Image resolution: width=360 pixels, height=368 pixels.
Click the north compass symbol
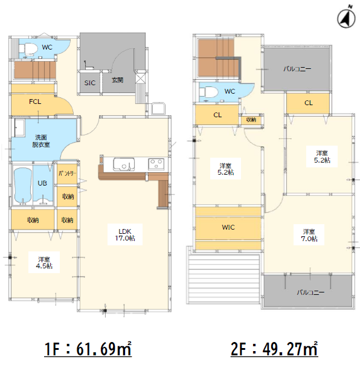tap(346, 18)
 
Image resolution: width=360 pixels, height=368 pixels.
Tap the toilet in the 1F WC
tap(28, 48)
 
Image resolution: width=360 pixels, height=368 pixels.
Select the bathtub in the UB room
tap(23, 186)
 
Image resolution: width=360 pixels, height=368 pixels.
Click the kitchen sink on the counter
tap(124, 164)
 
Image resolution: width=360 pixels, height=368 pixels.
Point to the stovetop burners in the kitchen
tap(156, 164)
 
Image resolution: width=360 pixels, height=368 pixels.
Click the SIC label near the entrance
tap(90, 83)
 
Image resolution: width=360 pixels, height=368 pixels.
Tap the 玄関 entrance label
tap(118, 80)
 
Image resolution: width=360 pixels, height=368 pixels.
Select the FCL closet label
tap(35, 102)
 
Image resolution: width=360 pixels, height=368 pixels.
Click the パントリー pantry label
tap(67, 173)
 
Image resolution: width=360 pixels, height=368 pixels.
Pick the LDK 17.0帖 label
tap(125, 234)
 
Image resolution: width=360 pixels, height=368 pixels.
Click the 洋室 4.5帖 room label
tap(44, 263)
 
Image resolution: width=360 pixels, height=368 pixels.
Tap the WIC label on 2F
tap(228, 227)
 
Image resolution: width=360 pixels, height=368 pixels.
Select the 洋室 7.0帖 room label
tap(309, 235)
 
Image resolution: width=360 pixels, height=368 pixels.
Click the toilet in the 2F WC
tap(208, 92)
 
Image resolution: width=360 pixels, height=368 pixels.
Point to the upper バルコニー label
tap(297, 69)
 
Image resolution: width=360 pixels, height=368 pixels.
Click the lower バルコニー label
tap(310, 292)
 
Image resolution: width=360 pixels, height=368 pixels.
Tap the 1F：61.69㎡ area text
tap(88, 349)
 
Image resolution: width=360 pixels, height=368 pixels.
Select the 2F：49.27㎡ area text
tap(274, 349)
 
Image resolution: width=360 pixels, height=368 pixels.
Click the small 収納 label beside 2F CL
tap(251, 120)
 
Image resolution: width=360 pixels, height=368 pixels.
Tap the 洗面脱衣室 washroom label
tap(41, 141)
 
